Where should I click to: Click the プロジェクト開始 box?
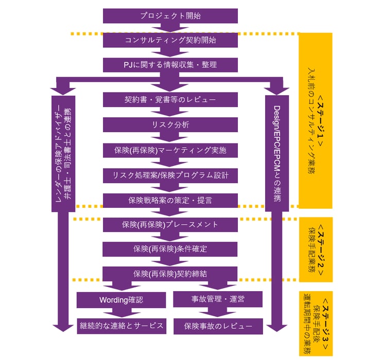[x=170, y=15]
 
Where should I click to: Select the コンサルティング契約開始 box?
[x=170, y=40]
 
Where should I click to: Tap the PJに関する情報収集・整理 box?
[x=170, y=65]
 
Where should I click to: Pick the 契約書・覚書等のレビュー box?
[x=170, y=99]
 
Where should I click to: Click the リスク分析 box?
[x=170, y=125]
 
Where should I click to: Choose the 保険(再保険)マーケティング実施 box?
[x=170, y=150]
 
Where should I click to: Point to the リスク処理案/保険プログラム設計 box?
[x=170, y=175]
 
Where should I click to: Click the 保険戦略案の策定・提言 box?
[x=170, y=200]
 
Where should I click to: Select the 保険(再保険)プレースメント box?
[x=170, y=224]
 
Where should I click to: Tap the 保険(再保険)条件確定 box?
[x=170, y=249]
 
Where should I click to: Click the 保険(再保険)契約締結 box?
[x=170, y=274]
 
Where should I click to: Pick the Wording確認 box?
[x=121, y=299]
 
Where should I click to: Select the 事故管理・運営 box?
[x=218, y=299]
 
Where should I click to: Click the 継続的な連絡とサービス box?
[x=121, y=326]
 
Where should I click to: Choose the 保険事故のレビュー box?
[x=218, y=326]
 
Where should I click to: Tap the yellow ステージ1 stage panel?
[x=316, y=120]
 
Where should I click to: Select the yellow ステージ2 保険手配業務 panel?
[x=316, y=249]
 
